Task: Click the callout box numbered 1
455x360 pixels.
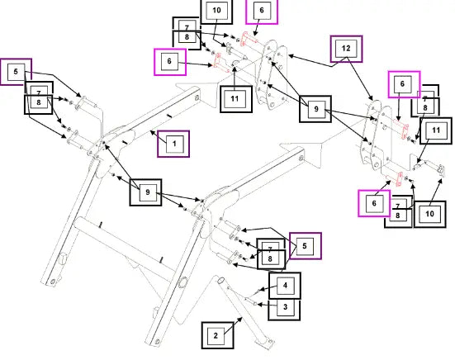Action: click(x=173, y=144)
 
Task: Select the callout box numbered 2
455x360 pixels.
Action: click(x=218, y=335)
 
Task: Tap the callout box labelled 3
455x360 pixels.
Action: click(x=284, y=308)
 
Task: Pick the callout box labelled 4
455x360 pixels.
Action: click(x=285, y=286)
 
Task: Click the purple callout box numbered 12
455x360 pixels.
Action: click(x=347, y=49)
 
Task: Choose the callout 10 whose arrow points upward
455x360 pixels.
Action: click(x=429, y=214)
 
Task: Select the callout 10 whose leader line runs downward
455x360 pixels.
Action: click(x=216, y=11)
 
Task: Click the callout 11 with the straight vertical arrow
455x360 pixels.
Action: click(x=236, y=99)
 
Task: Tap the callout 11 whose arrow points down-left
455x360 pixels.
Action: click(x=436, y=130)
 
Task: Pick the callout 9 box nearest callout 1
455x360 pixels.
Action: click(x=145, y=192)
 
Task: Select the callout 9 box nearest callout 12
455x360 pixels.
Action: click(x=315, y=109)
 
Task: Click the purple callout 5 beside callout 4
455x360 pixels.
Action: click(x=306, y=246)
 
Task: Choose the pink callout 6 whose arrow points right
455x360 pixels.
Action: click(x=170, y=62)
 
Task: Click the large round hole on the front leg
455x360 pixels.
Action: click(x=183, y=282)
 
